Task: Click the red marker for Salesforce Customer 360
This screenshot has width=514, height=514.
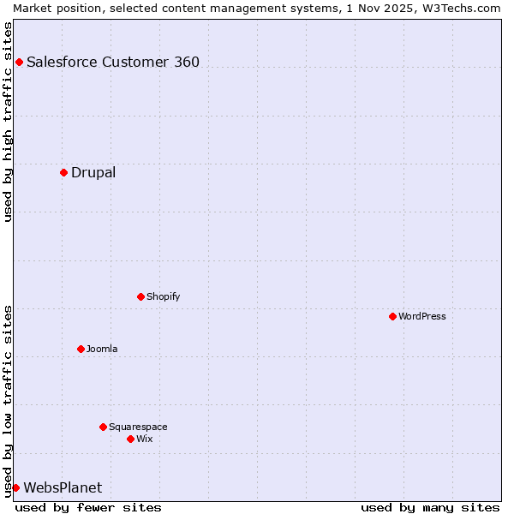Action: point(19,62)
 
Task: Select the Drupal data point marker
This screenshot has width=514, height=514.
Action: point(63,172)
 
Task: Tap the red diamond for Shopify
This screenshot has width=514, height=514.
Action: point(140,296)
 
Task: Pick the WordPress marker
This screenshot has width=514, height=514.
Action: point(392,316)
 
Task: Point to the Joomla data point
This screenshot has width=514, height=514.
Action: point(81,349)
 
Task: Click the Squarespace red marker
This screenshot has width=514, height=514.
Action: point(103,427)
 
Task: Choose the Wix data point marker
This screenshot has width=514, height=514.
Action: point(130,439)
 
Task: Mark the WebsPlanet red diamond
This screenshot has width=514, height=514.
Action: point(15,487)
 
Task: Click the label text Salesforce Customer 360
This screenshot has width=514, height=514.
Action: point(113,62)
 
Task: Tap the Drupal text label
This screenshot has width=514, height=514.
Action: point(93,172)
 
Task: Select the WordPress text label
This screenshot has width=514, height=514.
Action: point(422,316)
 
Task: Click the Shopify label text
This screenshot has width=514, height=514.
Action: point(164,296)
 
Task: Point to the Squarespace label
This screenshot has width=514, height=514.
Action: point(138,427)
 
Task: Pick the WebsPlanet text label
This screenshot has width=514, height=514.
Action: point(63,487)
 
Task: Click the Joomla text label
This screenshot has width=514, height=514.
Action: point(102,349)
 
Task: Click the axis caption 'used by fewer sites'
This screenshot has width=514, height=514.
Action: point(88,507)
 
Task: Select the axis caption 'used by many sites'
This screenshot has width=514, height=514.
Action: point(430,507)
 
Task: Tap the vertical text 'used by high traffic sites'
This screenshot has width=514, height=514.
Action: point(8,122)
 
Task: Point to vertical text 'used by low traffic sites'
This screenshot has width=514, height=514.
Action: point(8,401)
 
